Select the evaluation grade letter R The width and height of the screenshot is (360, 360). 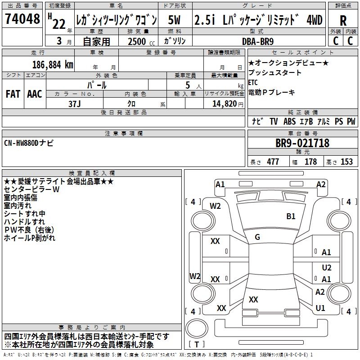pyautogui.click(x=343, y=21)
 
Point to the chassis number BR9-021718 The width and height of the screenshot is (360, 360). pyautogui.click(x=302, y=144)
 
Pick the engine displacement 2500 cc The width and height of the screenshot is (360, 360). pyautogui.click(x=137, y=41)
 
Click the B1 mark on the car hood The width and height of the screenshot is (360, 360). pyautogui.click(x=291, y=216)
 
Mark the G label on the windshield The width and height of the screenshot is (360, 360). pyautogui.click(x=257, y=237)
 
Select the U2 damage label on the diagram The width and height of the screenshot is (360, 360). pyautogui.click(x=327, y=267)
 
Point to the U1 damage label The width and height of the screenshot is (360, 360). pyautogui.click(x=320, y=308)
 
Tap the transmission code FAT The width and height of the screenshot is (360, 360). pyautogui.click(x=13, y=94)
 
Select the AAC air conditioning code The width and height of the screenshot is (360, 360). pyautogui.click(x=35, y=94)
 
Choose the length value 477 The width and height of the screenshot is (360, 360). pyautogui.click(x=273, y=162)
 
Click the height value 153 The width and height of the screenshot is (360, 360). pyautogui.click(x=346, y=162)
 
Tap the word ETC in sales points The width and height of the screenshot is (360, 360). pyautogui.click(x=253, y=82)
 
